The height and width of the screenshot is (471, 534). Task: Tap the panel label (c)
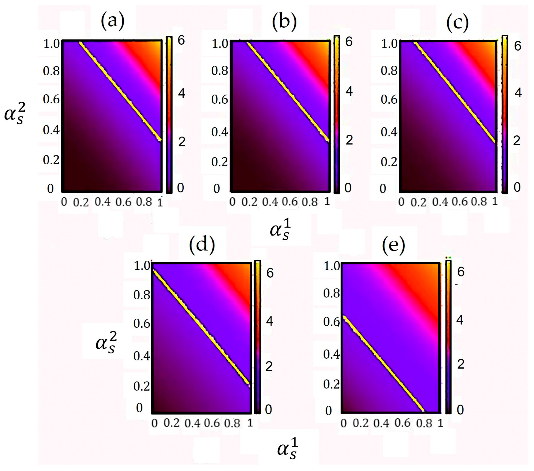[x=457, y=23]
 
